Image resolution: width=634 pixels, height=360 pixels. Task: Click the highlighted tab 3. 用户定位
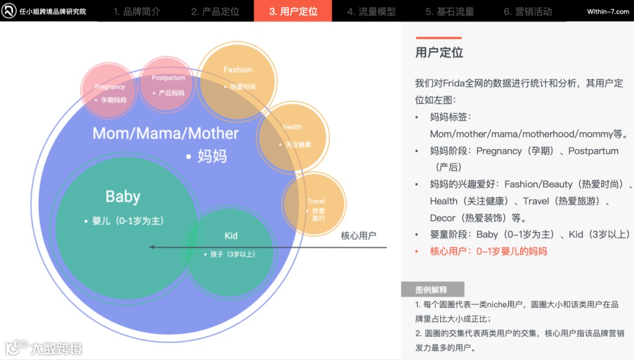(293, 11)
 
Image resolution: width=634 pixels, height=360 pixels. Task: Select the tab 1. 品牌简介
(137, 12)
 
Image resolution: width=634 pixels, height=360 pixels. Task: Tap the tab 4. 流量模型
(371, 12)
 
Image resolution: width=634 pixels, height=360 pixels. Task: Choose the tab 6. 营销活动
(528, 12)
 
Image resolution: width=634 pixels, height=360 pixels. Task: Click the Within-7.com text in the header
(608, 12)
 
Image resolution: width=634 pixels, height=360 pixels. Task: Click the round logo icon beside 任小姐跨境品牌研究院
(9, 11)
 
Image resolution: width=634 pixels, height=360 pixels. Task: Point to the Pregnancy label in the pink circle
(110, 87)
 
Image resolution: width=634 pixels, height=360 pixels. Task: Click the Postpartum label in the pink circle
(168, 78)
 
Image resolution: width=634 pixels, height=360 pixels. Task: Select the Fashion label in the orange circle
(237, 70)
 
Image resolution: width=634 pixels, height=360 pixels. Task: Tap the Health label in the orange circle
(292, 127)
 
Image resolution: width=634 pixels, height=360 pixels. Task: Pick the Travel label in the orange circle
(316, 201)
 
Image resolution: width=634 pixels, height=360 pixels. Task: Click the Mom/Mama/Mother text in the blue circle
(166, 133)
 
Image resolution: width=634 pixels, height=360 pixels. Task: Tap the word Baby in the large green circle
(123, 197)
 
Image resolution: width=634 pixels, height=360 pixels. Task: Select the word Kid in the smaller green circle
(231, 235)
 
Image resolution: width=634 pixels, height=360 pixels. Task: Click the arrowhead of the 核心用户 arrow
(152, 247)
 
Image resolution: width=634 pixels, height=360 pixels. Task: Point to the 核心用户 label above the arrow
(358, 236)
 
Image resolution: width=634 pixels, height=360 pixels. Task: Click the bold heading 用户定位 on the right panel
(439, 52)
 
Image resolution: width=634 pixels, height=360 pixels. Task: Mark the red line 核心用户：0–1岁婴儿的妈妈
(488, 251)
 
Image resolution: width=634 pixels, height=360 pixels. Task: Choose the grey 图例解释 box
(431, 290)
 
